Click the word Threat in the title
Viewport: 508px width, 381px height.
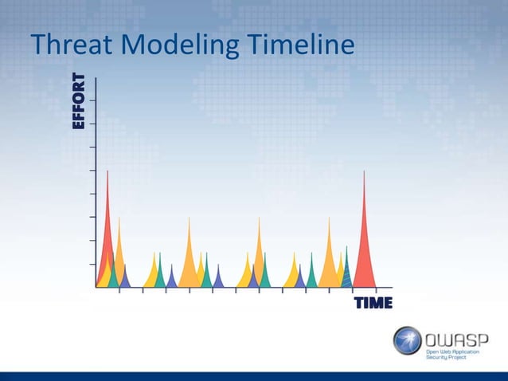point(70,46)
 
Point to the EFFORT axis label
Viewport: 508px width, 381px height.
point(78,101)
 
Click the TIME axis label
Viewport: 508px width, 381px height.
point(373,303)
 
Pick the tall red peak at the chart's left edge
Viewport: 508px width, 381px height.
point(107,231)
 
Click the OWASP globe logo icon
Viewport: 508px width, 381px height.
point(407,340)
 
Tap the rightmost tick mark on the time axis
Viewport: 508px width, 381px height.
point(377,290)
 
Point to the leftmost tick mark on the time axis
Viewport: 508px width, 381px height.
point(119,290)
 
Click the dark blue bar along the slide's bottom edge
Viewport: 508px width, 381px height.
point(254,375)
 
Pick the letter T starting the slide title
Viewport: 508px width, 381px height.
point(37,46)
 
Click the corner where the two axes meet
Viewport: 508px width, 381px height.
point(96,287)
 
